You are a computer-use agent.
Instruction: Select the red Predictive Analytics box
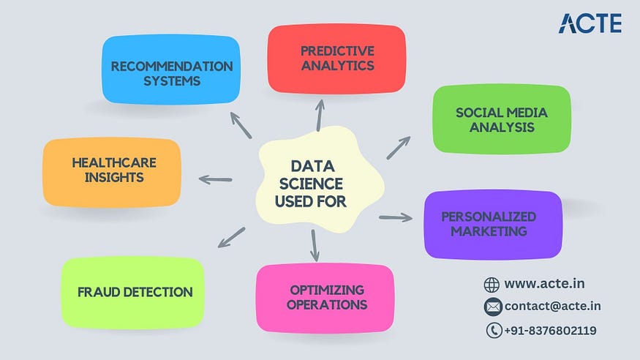pos(336,59)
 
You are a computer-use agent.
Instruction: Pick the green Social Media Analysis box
pos(501,119)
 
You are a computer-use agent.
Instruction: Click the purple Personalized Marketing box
pos(492,224)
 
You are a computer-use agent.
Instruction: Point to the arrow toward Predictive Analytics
pos(320,114)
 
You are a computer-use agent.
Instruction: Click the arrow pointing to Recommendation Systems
pos(241,124)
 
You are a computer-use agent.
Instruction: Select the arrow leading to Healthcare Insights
pos(215,179)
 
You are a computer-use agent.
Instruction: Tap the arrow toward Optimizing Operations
pos(315,245)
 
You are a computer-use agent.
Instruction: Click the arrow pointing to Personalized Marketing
pos(396,217)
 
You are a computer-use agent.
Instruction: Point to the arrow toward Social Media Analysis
pos(399,147)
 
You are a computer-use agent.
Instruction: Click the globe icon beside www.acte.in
pos(492,284)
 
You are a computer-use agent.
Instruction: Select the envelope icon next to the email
pos(492,306)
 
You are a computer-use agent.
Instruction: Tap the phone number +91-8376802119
pos(550,331)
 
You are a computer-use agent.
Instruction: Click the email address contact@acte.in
pos(552,306)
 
